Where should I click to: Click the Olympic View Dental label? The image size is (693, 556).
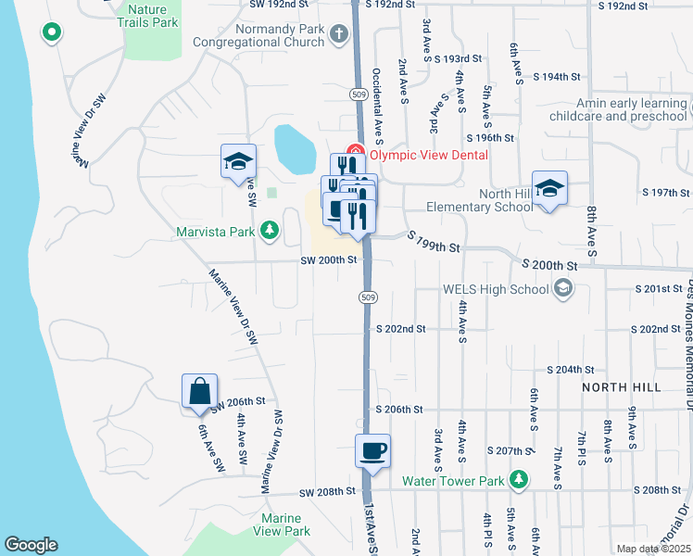[x=429, y=155]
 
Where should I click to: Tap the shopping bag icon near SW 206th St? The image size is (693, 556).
[x=200, y=392]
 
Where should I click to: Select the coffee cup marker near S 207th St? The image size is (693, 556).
[x=372, y=452]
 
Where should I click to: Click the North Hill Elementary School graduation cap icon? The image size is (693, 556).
[x=549, y=189]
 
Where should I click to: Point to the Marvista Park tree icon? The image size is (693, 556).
[x=270, y=229]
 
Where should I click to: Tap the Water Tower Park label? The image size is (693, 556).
[x=453, y=480]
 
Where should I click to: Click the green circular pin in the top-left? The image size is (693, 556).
[x=52, y=33]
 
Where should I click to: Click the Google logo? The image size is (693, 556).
[x=31, y=545]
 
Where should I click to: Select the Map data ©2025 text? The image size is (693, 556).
[x=653, y=550]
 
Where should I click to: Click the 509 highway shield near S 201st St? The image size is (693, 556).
[x=368, y=297]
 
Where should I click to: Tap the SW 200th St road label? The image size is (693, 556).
[x=328, y=260]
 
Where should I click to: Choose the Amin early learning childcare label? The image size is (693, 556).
[x=618, y=110]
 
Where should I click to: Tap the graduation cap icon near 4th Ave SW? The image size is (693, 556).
[x=238, y=162]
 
